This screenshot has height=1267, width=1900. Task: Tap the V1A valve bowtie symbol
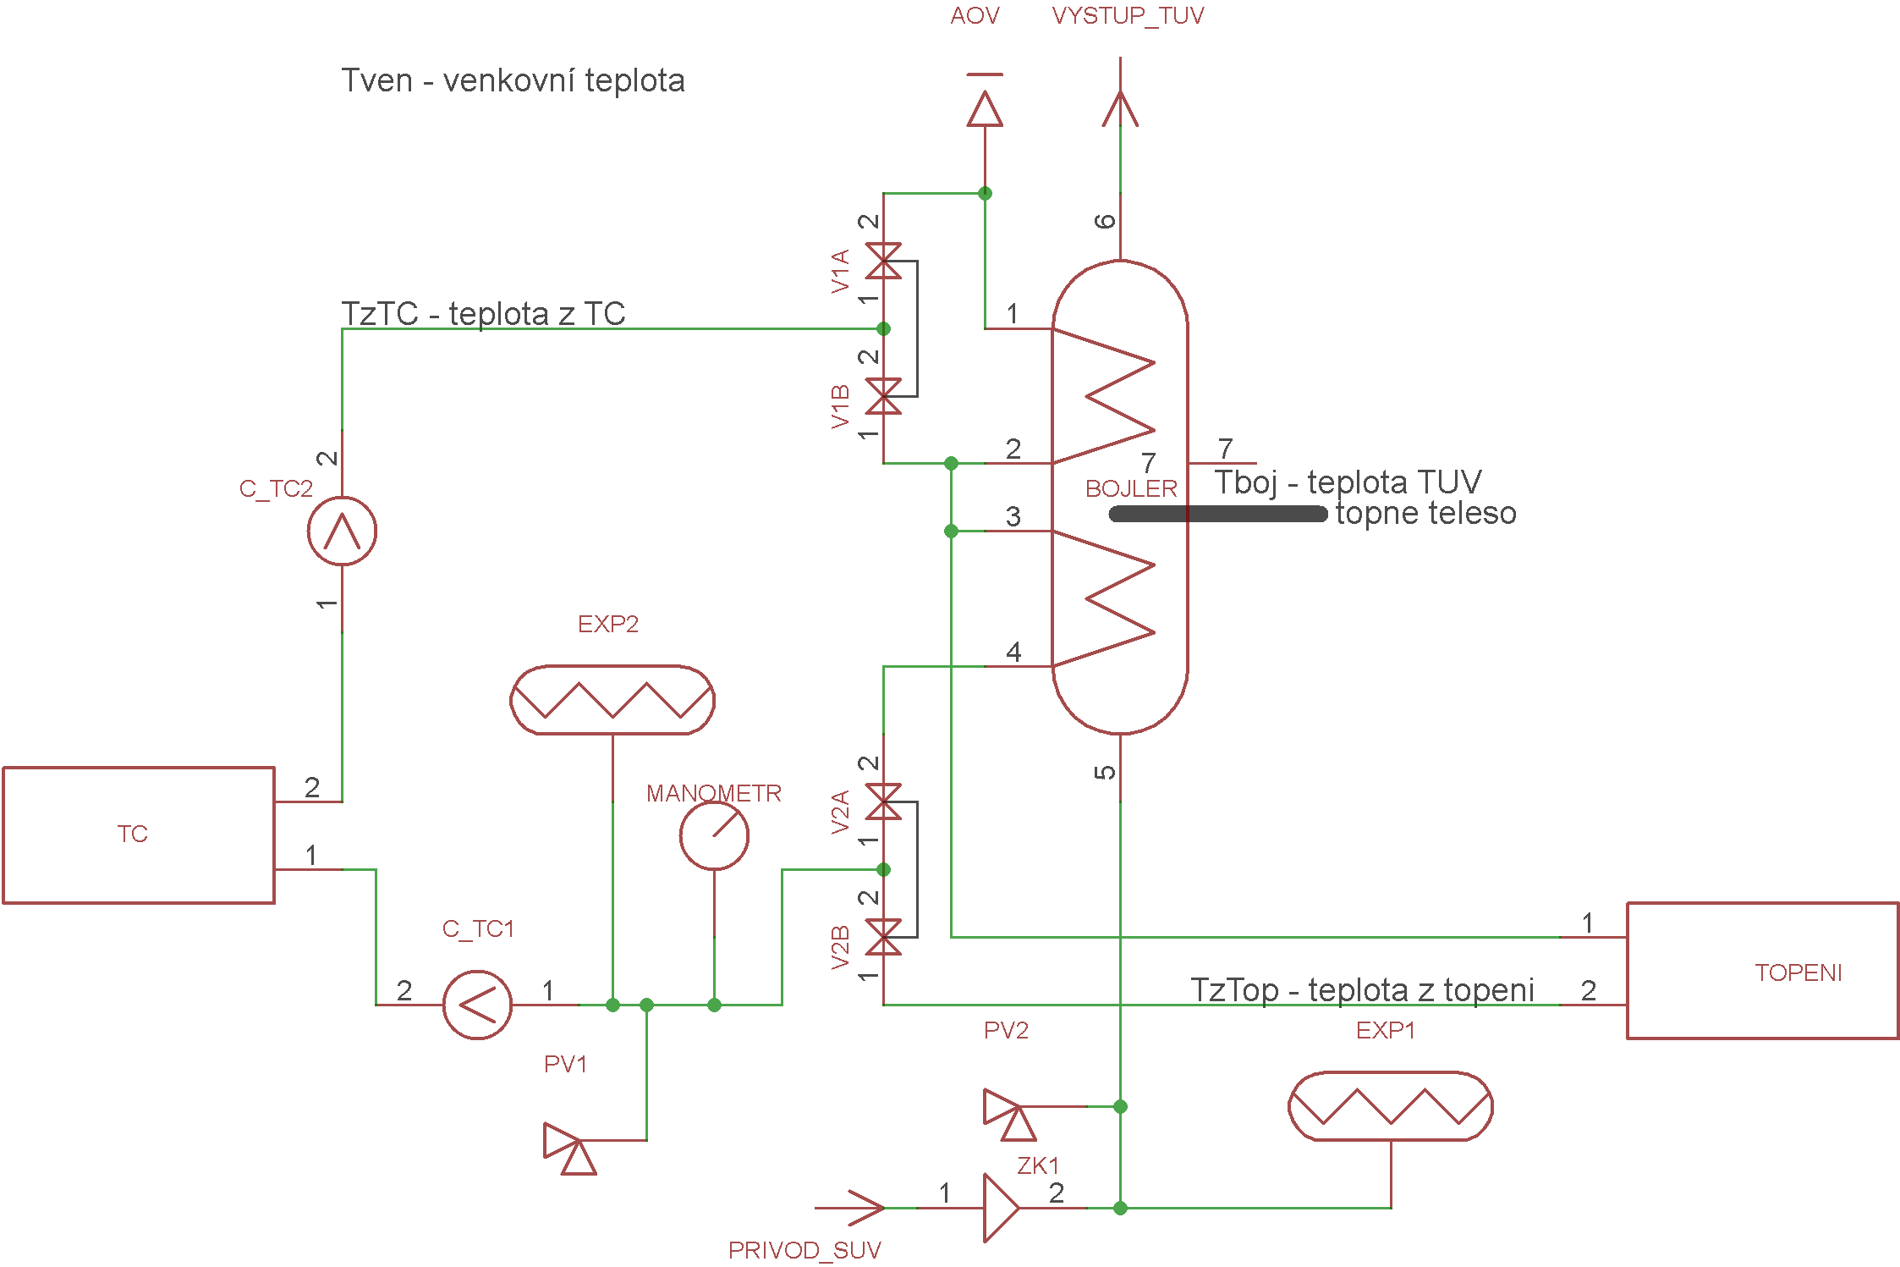pyautogui.click(x=883, y=261)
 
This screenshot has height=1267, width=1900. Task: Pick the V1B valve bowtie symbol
pyautogui.click(x=883, y=396)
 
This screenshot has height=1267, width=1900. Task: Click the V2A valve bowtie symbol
pyautogui.click(x=883, y=802)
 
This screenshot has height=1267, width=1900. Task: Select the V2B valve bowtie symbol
pyautogui.click(x=883, y=937)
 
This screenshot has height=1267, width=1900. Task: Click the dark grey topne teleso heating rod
pyautogui.click(x=1218, y=514)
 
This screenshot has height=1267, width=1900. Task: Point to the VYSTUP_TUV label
pyautogui.click(x=1128, y=16)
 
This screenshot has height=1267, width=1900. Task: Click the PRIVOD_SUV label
pyautogui.click(x=804, y=1250)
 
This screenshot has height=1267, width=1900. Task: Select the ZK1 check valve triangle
pyautogui.click(x=1002, y=1208)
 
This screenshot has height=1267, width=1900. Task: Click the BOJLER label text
pyautogui.click(x=1131, y=488)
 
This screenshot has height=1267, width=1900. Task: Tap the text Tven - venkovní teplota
pyautogui.click(x=513, y=80)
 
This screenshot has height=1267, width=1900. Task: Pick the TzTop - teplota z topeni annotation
pyautogui.click(x=1362, y=989)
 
